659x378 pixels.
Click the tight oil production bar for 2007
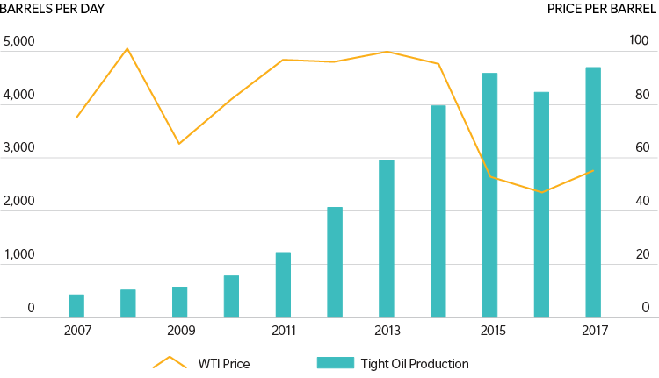tap(76, 305)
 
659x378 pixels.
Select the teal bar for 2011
tap(283, 284)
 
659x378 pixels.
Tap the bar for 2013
tap(387, 239)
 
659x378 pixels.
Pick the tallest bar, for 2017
tap(593, 192)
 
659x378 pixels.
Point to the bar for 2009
tap(180, 302)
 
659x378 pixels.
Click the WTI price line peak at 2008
tap(127, 48)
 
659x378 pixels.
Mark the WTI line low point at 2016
tap(542, 192)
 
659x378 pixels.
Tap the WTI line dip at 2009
tap(179, 143)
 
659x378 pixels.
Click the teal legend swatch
tap(334, 363)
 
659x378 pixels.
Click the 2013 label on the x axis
tap(387, 331)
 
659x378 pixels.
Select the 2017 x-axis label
tap(593, 331)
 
